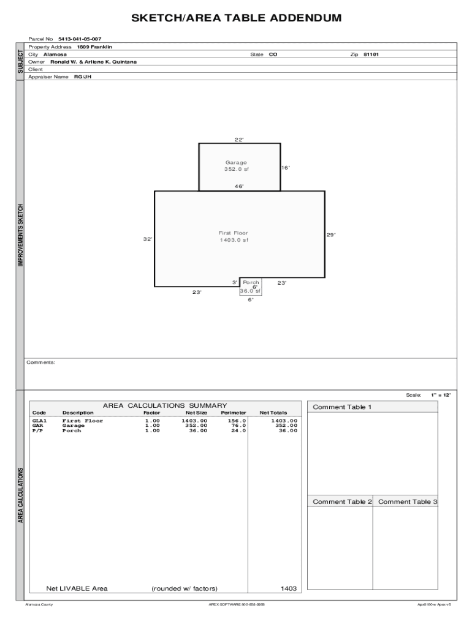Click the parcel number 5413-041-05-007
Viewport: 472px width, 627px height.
(80, 39)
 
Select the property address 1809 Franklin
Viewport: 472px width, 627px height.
(94, 47)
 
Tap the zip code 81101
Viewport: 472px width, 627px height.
(371, 54)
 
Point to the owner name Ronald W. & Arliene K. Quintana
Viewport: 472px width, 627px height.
(93, 62)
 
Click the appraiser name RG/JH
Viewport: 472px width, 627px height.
(83, 77)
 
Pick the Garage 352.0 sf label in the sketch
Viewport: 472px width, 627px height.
(236, 166)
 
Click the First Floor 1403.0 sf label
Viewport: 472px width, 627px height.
(234, 236)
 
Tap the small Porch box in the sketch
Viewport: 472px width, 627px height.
(251, 287)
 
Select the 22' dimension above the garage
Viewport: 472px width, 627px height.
(239, 140)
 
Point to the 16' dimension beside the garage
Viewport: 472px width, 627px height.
(286, 168)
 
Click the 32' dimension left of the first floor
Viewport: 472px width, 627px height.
(148, 239)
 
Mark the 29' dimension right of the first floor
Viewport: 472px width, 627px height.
(330, 235)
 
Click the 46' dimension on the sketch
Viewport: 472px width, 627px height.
(239, 186)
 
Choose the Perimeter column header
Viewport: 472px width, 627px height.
(234, 413)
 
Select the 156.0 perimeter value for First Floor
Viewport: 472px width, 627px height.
(237, 421)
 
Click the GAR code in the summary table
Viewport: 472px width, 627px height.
(37, 426)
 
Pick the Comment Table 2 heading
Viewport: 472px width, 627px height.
(342, 502)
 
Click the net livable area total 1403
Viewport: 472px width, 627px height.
(289, 588)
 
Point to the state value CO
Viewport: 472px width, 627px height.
(273, 54)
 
